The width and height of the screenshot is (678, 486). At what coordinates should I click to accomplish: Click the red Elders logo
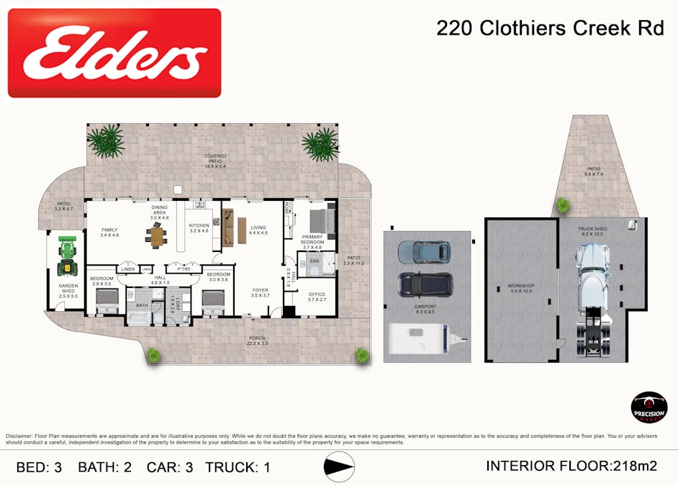coord(114,53)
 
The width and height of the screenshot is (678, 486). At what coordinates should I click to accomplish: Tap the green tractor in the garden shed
coord(67,258)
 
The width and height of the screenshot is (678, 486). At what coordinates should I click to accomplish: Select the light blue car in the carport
coord(424,252)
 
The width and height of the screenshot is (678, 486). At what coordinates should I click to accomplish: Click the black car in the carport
coord(425,284)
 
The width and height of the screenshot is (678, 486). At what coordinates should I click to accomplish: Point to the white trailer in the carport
coord(421,338)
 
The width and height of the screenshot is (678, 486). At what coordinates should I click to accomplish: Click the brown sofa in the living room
coord(228,227)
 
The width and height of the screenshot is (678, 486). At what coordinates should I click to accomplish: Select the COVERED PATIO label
coord(215,159)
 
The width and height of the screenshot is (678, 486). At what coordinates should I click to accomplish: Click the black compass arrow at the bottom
coord(339,467)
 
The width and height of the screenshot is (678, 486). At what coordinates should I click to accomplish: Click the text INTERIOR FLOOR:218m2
coord(571,466)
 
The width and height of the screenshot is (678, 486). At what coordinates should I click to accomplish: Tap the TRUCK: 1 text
coord(238,467)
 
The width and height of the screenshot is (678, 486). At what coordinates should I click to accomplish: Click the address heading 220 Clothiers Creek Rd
coord(550,28)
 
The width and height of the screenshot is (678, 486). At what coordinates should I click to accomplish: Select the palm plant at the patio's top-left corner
coord(106,141)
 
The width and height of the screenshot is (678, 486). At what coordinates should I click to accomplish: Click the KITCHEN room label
coord(199,228)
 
